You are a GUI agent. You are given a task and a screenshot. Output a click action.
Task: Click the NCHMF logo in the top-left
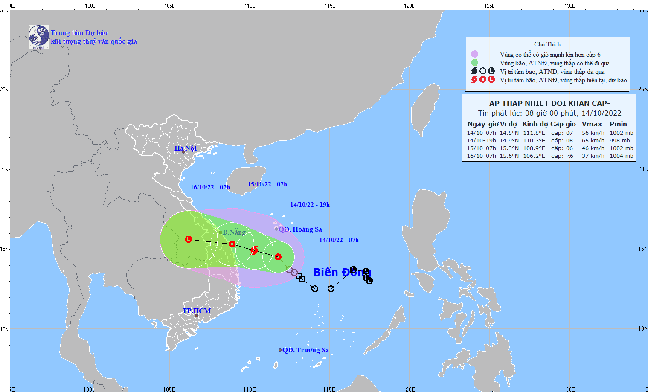point(38,37)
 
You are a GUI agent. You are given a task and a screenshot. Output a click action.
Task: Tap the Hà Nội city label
point(186,148)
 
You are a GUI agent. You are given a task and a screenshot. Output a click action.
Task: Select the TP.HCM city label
point(197,311)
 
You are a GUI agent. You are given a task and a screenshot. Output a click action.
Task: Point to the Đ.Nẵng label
point(234,232)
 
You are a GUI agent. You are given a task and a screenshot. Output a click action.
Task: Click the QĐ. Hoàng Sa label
point(300,229)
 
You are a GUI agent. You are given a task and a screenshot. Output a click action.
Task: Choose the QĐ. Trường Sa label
point(305,350)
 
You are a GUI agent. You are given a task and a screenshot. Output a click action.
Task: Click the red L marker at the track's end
point(189,239)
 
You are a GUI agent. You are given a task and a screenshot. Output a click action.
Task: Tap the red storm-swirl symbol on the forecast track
point(254,250)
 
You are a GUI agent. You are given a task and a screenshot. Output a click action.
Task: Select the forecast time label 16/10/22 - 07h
point(210,187)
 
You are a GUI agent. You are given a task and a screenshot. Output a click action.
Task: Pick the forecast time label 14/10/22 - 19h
point(310,205)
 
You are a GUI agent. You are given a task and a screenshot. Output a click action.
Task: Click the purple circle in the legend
point(474,54)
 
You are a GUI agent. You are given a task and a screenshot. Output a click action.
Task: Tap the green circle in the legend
point(474,63)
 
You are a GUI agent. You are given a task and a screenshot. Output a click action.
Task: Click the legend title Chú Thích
point(547,44)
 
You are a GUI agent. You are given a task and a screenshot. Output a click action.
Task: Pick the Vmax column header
point(592,124)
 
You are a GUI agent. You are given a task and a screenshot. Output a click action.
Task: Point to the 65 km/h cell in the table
point(593,140)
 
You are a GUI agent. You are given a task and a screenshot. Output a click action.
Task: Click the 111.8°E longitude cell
point(534,133)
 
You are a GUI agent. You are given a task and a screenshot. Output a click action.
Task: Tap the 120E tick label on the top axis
point(409,6)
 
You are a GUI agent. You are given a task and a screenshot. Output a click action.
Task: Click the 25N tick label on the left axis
point(4,89)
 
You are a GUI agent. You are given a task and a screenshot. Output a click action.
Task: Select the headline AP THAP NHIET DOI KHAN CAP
point(549,103)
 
